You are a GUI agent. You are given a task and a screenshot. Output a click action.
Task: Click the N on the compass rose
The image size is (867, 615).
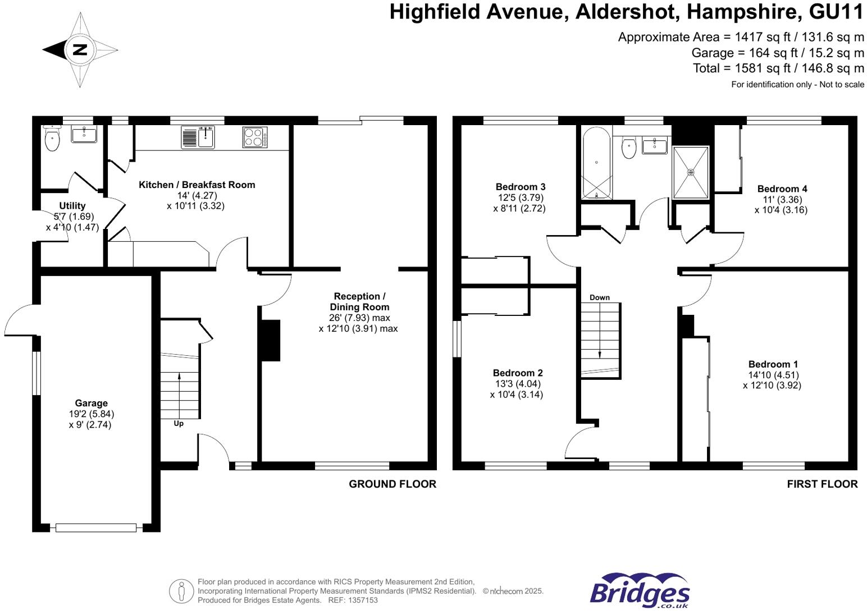80,49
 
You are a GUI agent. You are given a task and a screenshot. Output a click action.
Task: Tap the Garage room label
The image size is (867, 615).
91,403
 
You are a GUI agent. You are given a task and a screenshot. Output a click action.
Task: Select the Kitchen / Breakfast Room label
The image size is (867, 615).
197,185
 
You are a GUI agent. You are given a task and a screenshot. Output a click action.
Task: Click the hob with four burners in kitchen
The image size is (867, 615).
254,137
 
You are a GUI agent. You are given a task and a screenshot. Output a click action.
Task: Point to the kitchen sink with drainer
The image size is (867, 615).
198,137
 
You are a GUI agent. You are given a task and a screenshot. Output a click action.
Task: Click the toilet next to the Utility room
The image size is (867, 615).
52,140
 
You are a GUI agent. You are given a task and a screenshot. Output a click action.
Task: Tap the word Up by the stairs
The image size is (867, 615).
179,424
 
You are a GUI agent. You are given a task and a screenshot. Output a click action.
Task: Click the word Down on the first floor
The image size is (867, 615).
600,297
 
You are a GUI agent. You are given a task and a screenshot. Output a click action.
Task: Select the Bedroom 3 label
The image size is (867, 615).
521,187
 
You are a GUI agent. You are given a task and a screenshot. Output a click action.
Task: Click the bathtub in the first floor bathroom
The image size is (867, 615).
596,163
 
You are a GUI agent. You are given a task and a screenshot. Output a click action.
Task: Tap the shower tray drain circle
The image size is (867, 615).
691,172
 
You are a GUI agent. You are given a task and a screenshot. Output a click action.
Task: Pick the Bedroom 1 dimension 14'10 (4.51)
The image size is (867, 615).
773,375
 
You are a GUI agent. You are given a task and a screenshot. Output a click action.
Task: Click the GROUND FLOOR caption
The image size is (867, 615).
393,484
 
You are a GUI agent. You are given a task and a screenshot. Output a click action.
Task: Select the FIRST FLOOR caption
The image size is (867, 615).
822,484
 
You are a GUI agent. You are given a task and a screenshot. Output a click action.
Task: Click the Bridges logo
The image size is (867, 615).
640,590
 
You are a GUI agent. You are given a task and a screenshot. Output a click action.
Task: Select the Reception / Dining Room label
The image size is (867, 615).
359,301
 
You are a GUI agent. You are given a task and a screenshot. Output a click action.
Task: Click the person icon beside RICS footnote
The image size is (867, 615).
181,591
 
